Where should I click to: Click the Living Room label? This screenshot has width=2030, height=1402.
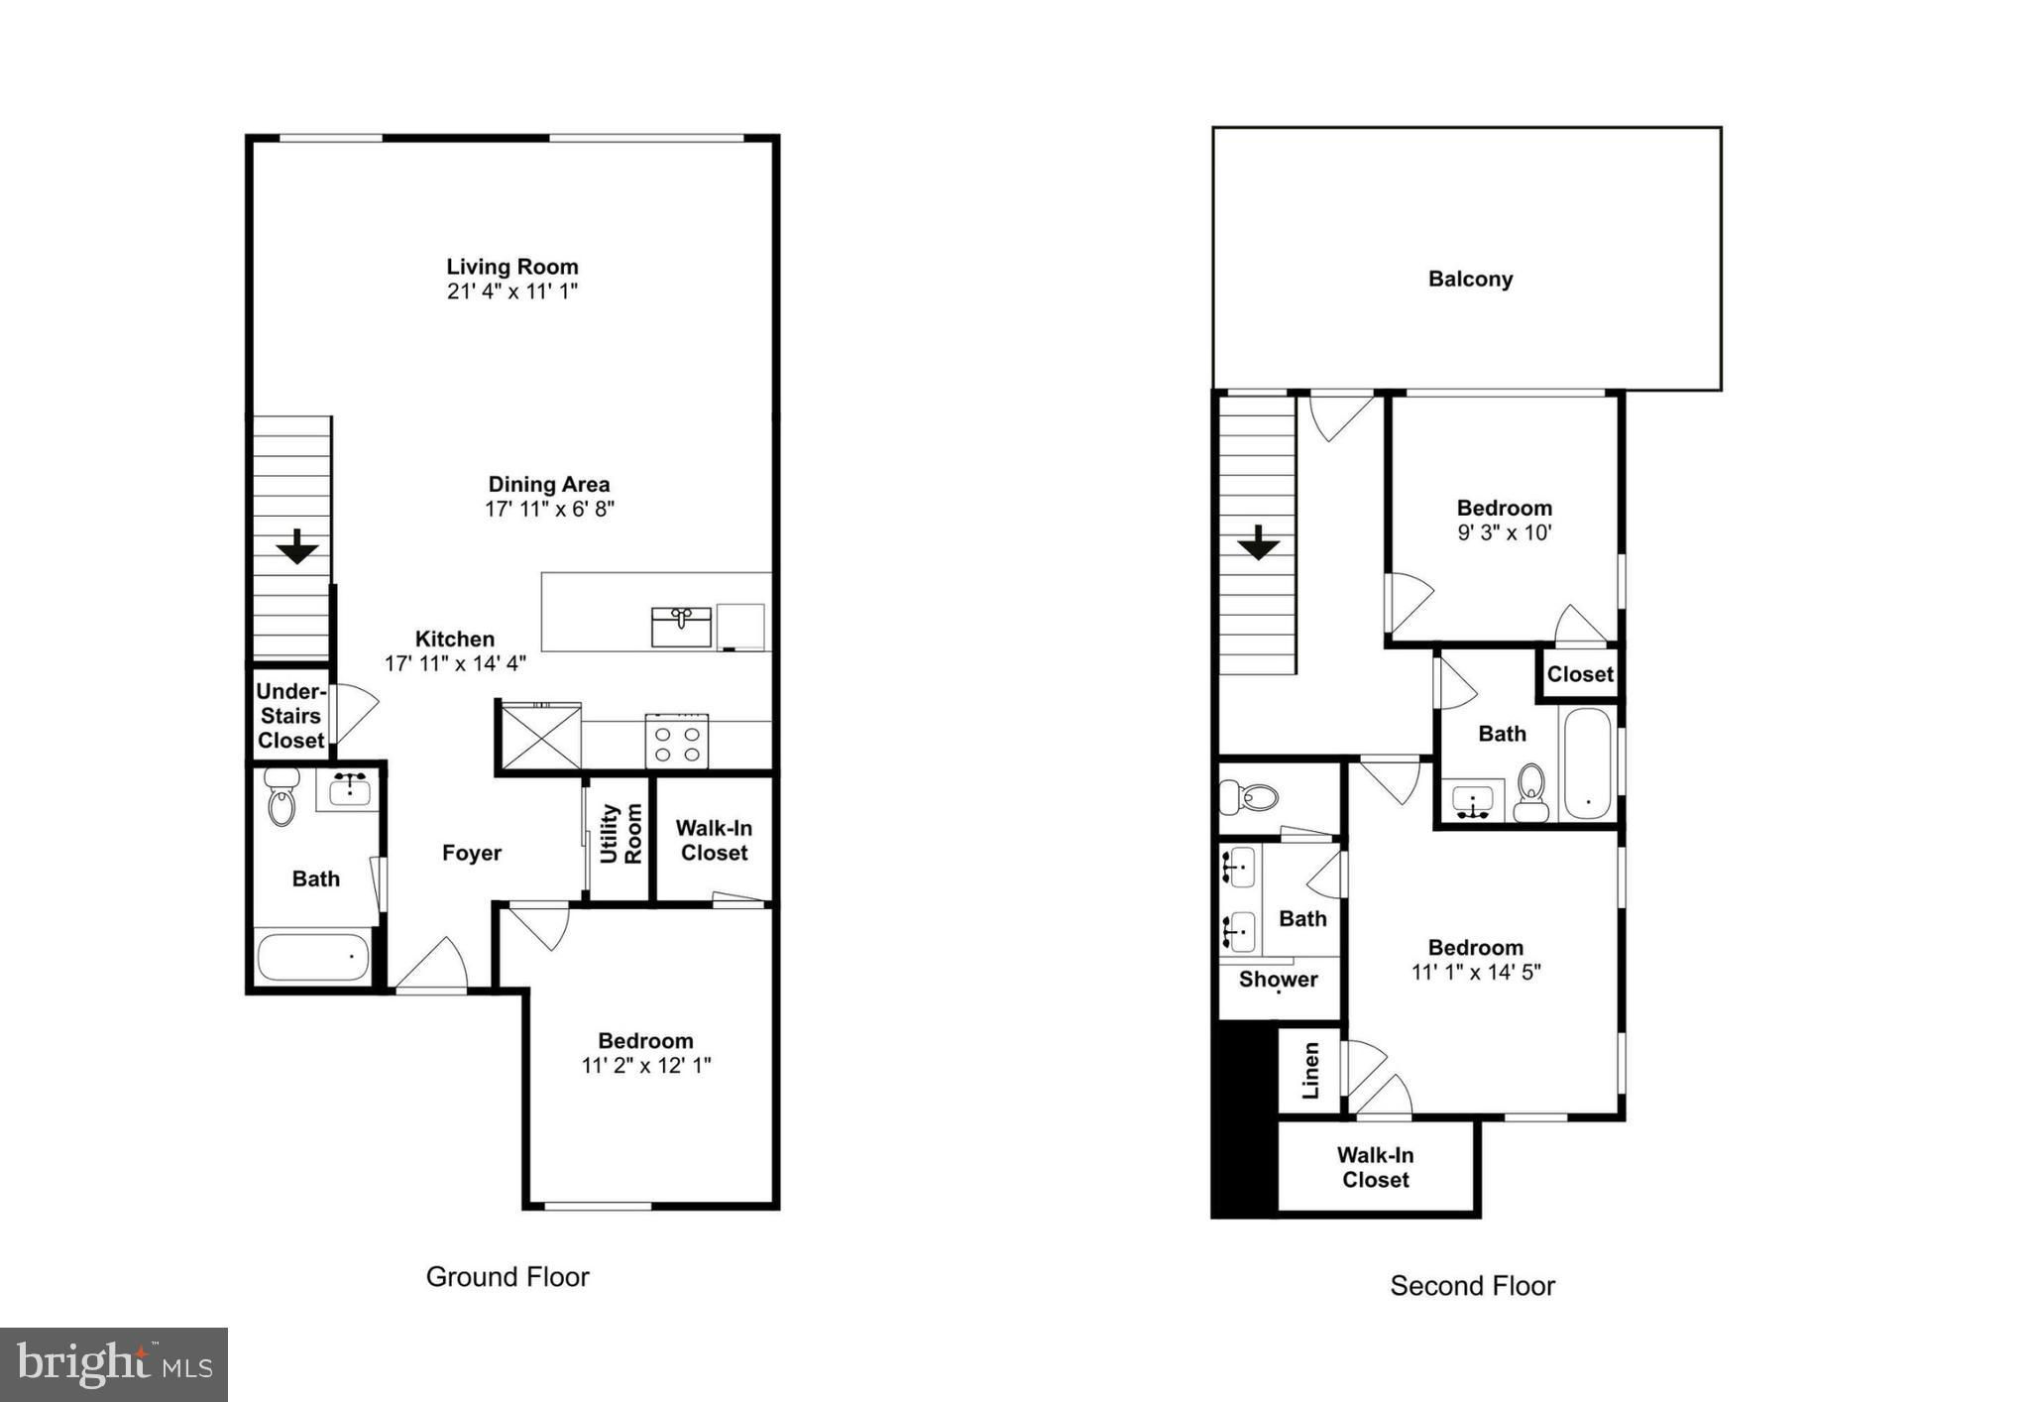(x=512, y=267)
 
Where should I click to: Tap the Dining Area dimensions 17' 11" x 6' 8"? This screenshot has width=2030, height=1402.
(x=549, y=510)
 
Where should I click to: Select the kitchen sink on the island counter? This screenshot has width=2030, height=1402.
(x=681, y=627)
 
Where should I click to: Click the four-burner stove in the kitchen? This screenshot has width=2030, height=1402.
(x=677, y=741)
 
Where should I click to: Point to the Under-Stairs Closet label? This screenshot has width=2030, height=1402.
(x=290, y=716)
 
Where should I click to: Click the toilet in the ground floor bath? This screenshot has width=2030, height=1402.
(x=282, y=796)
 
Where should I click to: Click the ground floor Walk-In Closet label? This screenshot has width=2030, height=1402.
(x=714, y=841)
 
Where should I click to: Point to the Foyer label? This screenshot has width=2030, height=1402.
(x=472, y=854)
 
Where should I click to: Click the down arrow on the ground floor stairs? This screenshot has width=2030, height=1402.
(x=296, y=546)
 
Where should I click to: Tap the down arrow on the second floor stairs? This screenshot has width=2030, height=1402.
(x=1258, y=542)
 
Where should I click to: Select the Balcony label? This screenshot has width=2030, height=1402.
(x=1470, y=280)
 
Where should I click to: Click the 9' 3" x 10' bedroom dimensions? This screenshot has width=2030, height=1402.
(x=1504, y=532)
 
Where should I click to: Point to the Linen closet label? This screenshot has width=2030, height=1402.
(x=1310, y=1071)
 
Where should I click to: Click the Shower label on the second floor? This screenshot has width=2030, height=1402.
(x=1279, y=980)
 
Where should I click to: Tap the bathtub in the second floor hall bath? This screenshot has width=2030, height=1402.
(x=1587, y=762)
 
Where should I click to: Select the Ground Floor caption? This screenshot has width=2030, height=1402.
(x=507, y=1277)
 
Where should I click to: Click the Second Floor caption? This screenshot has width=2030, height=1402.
(x=1472, y=1286)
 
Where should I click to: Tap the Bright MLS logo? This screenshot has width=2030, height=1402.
(x=114, y=1364)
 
